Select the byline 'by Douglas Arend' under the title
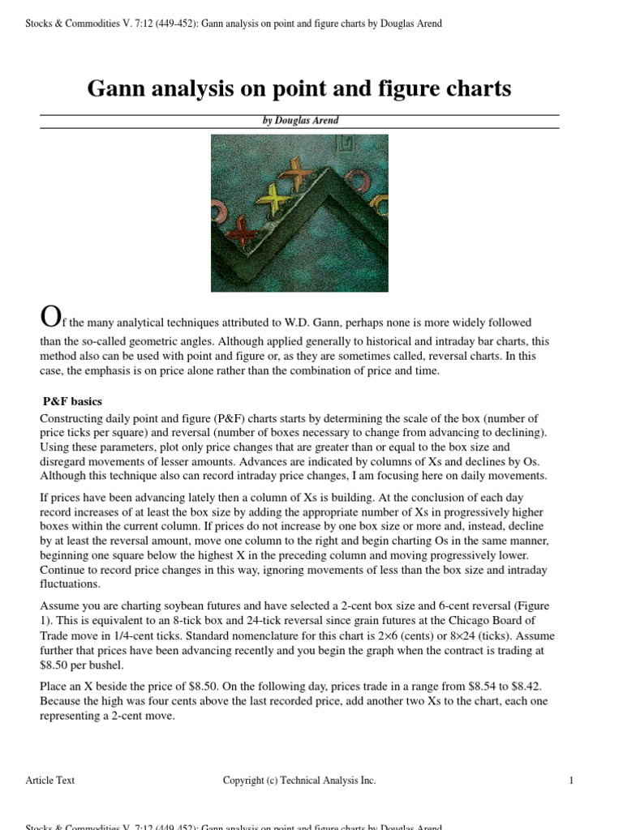(x=299, y=121)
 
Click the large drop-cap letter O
(x=49, y=317)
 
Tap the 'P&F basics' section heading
(x=72, y=401)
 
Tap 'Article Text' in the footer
(x=50, y=781)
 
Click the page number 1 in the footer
(x=572, y=781)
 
